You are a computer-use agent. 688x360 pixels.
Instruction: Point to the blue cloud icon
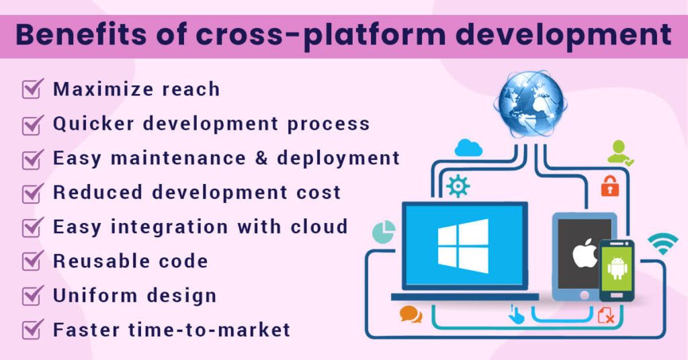[468, 148]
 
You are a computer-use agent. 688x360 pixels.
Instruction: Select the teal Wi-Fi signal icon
[662, 243]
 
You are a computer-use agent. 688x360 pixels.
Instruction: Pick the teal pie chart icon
[384, 232]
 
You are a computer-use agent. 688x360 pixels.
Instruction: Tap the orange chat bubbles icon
[410, 314]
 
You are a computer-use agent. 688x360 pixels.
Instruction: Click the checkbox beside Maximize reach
[32, 89]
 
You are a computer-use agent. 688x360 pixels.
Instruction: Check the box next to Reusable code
[32, 261]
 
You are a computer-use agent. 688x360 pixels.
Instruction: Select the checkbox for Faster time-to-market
[32, 329]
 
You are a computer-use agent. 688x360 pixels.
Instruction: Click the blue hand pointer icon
[516, 314]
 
